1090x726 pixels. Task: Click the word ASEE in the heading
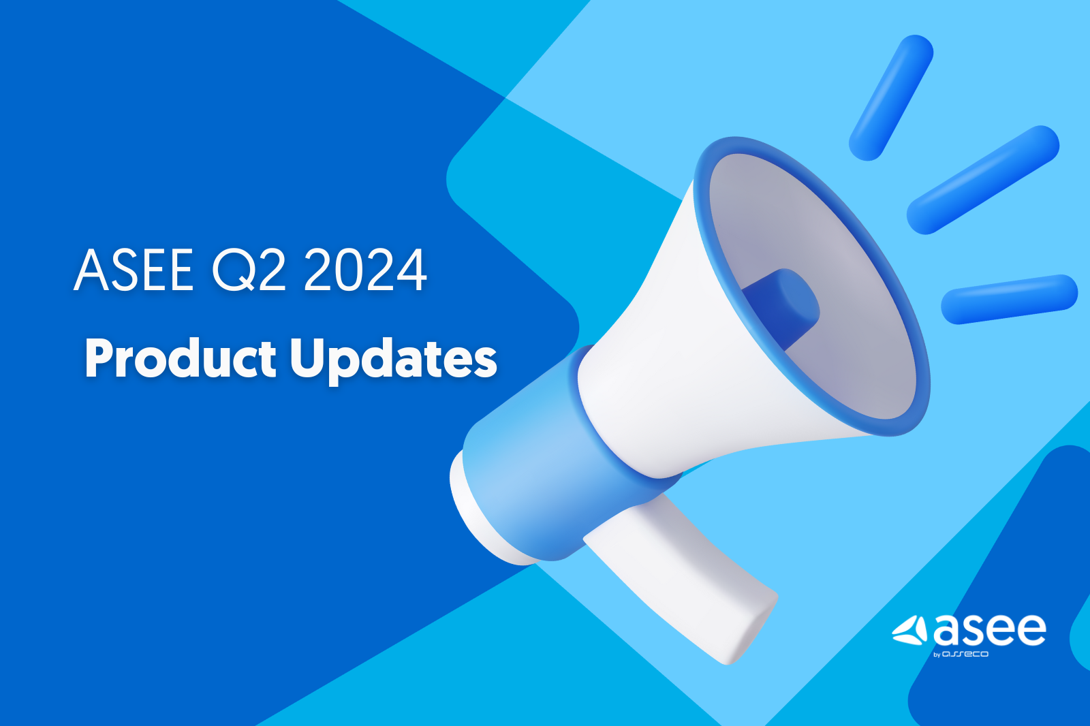(134, 270)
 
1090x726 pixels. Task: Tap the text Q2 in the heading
(249, 270)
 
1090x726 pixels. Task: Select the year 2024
(365, 270)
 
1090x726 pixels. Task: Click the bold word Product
(181, 359)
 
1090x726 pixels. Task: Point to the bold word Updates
(393, 360)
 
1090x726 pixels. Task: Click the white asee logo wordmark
(990, 630)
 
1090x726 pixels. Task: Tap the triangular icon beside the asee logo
(911, 631)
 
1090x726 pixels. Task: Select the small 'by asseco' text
(961, 654)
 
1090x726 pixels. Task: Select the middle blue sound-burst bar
(983, 180)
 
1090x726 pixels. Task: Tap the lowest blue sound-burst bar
(1009, 299)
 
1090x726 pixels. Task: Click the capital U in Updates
(307, 358)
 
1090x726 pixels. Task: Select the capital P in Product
(99, 358)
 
